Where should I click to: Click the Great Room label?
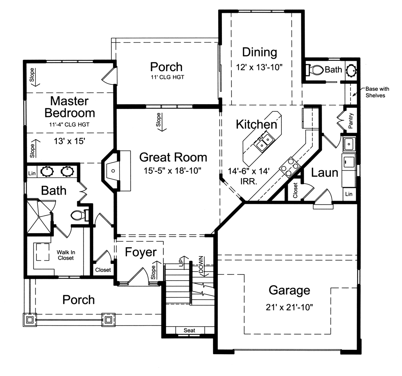pyautogui.click(x=173, y=157)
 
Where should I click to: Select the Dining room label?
pyautogui.click(x=260, y=52)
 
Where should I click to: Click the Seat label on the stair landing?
pyautogui.click(x=189, y=330)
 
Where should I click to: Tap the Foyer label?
pyautogui.click(x=140, y=252)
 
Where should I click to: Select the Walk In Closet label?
pyautogui.click(x=65, y=255)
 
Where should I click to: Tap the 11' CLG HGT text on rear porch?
pyautogui.click(x=166, y=77)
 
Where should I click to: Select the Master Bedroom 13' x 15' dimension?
pyautogui.click(x=70, y=141)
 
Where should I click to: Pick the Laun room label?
pyautogui.click(x=324, y=173)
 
